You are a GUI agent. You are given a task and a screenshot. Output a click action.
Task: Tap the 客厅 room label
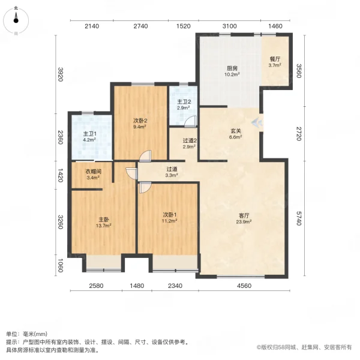(x=244, y=215)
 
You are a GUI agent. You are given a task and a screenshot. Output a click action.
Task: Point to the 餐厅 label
(x=275, y=59)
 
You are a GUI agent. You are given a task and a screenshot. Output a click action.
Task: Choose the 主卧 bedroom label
(x=103, y=219)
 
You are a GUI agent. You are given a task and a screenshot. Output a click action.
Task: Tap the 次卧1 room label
(x=169, y=215)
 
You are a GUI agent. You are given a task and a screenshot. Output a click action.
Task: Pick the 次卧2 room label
(x=140, y=120)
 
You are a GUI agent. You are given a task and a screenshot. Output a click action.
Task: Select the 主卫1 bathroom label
(x=89, y=134)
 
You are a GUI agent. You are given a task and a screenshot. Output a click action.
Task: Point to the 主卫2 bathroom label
(x=184, y=101)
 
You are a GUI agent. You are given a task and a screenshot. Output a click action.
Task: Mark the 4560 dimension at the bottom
(x=244, y=286)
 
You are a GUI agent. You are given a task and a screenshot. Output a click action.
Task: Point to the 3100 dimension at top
(x=230, y=26)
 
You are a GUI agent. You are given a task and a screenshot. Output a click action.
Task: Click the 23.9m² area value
(x=244, y=221)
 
